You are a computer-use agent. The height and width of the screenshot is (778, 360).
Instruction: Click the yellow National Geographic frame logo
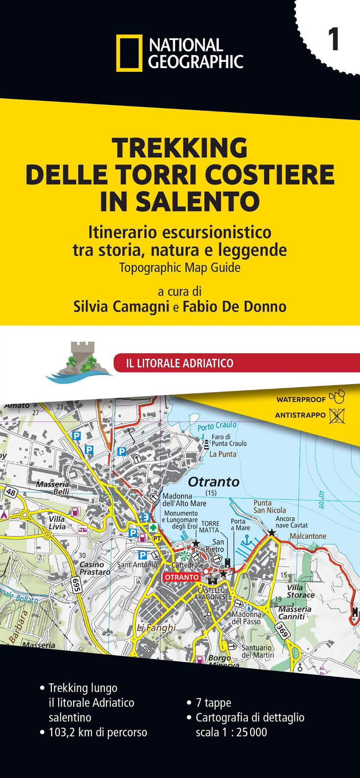pyautogui.click(x=129, y=53)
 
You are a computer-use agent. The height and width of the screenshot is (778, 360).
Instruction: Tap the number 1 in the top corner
pyautogui.click(x=333, y=40)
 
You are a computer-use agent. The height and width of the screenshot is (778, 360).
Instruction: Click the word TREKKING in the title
pyautogui.click(x=179, y=148)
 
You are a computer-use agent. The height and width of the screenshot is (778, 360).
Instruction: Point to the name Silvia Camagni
pyautogui.click(x=121, y=307)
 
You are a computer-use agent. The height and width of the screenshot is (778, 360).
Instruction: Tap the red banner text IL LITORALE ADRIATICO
pyautogui.click(x=180, y=363)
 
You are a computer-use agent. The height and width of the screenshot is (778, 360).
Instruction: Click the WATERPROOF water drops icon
pyautogui.click(x=337, y=397)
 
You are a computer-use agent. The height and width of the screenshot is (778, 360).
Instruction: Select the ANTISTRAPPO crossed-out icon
pyautogui.click(x=337, y=416)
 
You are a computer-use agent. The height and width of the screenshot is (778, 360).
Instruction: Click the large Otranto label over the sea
pyautogui.click(x=213, y=481)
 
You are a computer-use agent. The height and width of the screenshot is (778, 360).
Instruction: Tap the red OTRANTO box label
pyautogui.click(x=182, y=577)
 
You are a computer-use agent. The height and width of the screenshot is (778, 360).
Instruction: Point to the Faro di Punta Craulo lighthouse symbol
pyautogui.click(x=207, y=444)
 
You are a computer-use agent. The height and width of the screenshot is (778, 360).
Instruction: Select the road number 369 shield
pyautogui.click(x=282, y=631)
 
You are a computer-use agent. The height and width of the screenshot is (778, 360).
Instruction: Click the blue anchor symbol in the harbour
pyautogui.click(x=247, y=539)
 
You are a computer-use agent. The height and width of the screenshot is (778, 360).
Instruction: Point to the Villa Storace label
pyautogui.click(x=300, y=591)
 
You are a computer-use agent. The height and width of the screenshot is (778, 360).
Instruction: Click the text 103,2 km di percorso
pyautogui.click(x=98, y=732)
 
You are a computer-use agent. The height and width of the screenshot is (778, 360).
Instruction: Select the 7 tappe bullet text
pyautogui.click(x=213, y=702)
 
